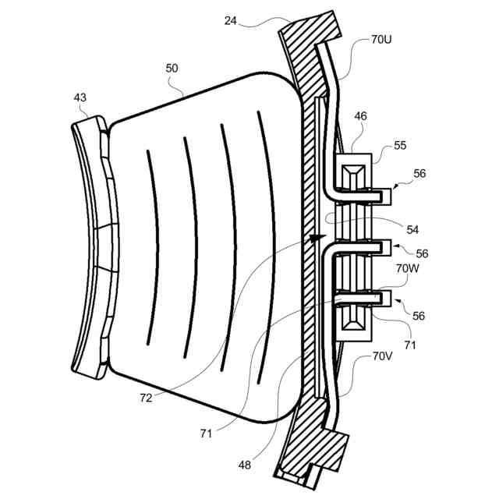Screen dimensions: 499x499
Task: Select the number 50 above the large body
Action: [x=172, y=69]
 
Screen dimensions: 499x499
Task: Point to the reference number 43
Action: [x=80, y=97]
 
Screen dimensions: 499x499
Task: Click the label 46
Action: [x=361, y=116]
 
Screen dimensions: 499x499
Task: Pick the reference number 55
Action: [x=399, y=145]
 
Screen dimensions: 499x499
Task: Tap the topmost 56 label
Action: [x=419, y=175]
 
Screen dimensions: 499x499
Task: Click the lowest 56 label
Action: [x=419, y=316]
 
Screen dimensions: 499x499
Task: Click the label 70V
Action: [x=382, y=356]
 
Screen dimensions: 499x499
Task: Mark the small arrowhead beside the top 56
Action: [x=394, y=186]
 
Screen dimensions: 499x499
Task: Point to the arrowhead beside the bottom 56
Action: [x=394, y=305]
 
